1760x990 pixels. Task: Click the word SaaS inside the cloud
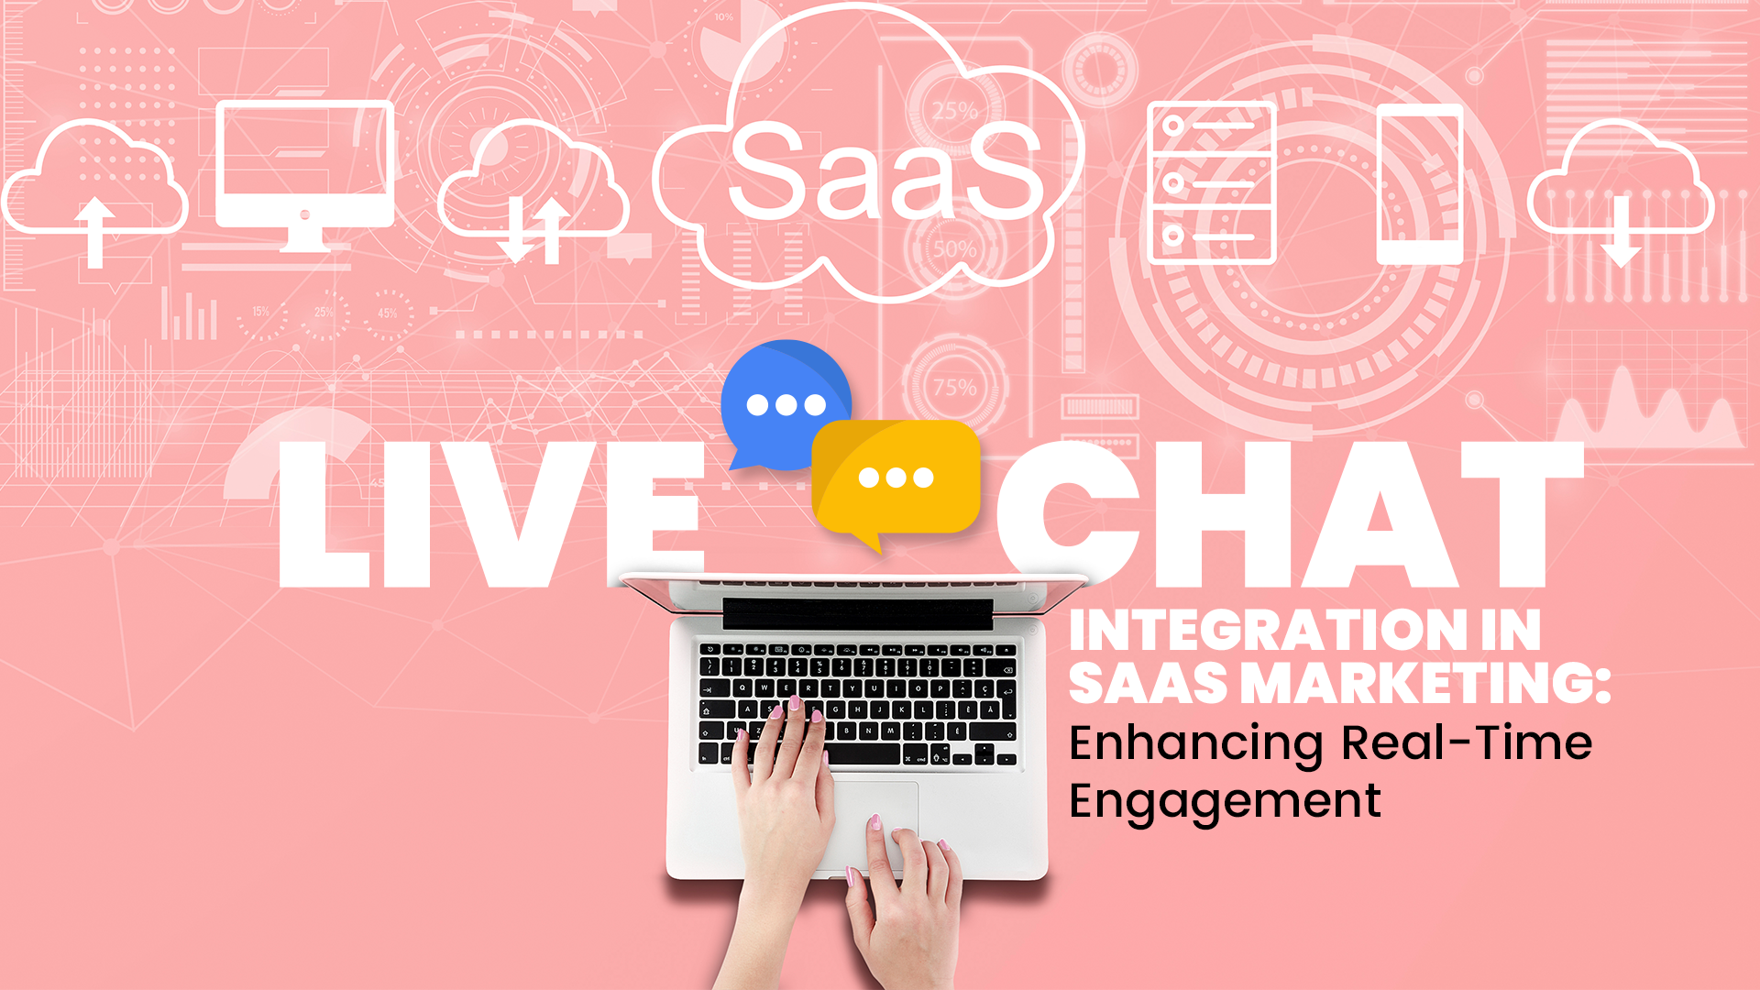coord(885,171)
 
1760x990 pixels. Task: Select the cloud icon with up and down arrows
coord(533,192)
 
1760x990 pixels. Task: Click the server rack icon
coord(1212,183)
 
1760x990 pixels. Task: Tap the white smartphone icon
coord(1420,184)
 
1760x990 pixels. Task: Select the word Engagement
coord(1225,802)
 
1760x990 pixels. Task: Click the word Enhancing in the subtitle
coord(1196,744)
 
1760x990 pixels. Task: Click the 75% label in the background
coord(955,388)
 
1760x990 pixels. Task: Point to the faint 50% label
coord(955,248)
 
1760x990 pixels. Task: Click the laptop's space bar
coord(863,755)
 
